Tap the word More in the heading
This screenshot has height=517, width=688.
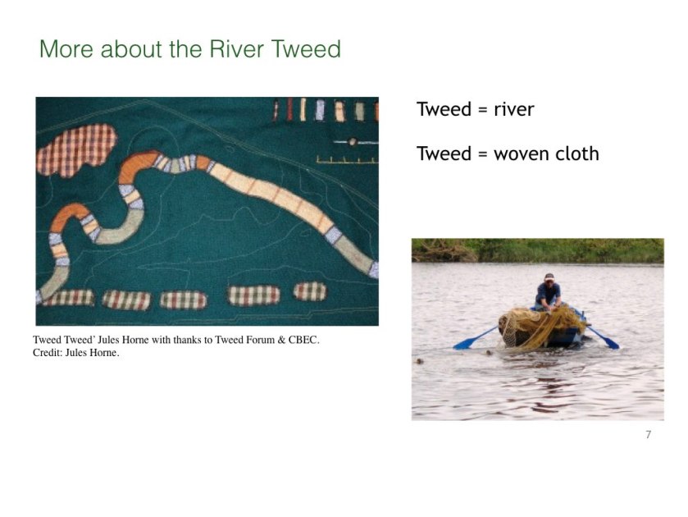coord(66,48)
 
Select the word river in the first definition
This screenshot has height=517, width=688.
coord(514,109)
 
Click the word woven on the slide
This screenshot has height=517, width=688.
coord(520,154)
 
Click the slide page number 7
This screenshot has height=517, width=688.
coord(649,434)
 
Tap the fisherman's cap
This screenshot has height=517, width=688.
coord(549,277)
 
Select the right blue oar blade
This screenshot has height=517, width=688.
coord(611,342)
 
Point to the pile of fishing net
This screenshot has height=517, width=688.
coord(540,327)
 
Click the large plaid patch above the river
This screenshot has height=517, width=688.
coord(77,150)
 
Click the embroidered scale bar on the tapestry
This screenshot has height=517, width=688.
coord(347,159)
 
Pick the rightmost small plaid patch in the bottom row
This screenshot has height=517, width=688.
coord(310,291)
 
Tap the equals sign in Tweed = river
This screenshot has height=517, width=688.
coord(482,110)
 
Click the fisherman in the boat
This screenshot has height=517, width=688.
coord(548,291)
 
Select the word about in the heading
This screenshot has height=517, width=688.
coord(130,48)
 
